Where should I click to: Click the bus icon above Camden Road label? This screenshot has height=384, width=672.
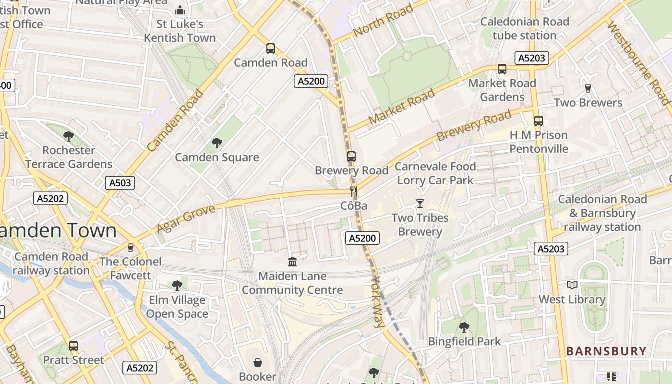tap(271, 48)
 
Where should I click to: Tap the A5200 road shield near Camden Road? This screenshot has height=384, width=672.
tap(311, 81)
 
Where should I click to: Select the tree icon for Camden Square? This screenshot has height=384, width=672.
tap(216, 143)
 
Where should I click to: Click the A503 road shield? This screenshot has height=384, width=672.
tap(120, 182)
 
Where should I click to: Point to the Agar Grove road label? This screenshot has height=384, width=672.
tap(186, 219)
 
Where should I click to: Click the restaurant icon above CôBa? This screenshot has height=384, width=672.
tap(354, 192)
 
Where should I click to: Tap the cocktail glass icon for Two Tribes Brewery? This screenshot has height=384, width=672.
tap(420, 204)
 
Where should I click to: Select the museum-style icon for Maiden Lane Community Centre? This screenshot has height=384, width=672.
tap(292, 262)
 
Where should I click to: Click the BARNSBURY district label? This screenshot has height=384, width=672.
tap(606, 351)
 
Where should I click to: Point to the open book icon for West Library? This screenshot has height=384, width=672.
tap(572, 285)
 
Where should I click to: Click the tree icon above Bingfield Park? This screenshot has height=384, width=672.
tap(464, 327)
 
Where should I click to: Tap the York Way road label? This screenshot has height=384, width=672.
tap(378, 302)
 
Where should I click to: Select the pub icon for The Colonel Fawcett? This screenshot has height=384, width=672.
tap(130, 247)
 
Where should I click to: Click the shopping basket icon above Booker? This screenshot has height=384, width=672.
tap(258, 362)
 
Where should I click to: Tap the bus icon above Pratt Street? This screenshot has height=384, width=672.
tap(73, 346)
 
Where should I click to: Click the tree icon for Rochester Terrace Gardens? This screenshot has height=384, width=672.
tap(69, 136)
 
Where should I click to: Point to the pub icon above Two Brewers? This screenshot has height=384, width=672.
tap(588, 88)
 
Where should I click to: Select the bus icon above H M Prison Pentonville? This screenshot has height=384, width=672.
tap(539, 121)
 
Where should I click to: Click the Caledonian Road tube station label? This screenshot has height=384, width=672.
tap(524, 28)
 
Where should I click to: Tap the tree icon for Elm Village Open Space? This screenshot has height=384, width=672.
tap(177, 285)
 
